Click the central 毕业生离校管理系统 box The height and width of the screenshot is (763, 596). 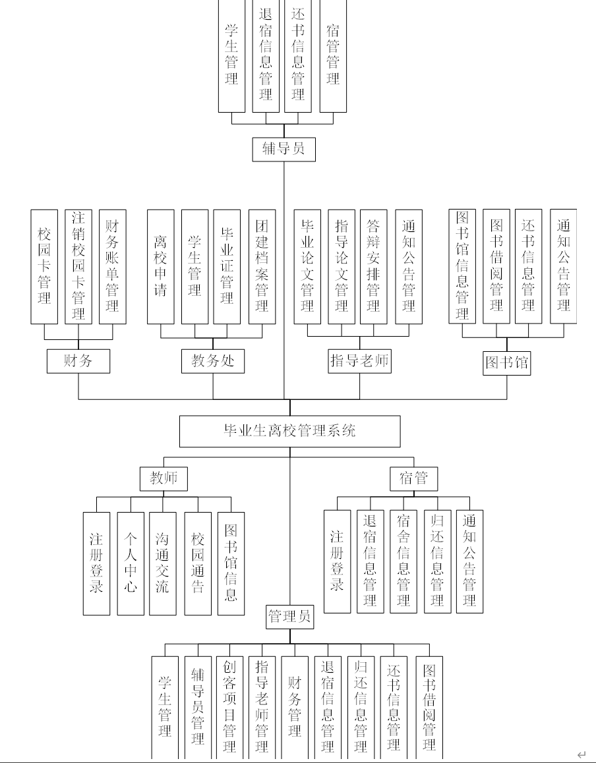pyautogui.click(x=290, y=431)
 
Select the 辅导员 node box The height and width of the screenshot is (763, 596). pyautogui.click(x=283, y=149)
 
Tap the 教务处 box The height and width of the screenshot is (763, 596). pyautogui.click(x=213, y=360)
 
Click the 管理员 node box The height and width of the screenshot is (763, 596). pyautogui.click(x=289, y=617)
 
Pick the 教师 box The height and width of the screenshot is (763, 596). pyautogui.click(x=164, y=478)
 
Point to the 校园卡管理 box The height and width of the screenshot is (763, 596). pyautogui.click(x=44, y=267)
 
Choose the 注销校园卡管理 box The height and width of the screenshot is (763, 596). pyautogui.click(x=78, y=267)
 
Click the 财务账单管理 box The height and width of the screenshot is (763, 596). pyautogui.click(x=112, y=267)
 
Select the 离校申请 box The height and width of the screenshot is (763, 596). pyautogui.click(x=160, y=267)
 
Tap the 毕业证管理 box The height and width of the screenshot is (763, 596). pyautogui.click(x=227, y=267)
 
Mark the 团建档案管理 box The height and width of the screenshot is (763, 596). pyautogui.click(x=262, y=267)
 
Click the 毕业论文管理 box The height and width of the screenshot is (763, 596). pyautogui.click(x=307, y=267)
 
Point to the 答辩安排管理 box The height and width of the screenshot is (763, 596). pyautogui.click(x=373, y=267)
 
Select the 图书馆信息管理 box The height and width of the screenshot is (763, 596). pyautogui.click(x=462, y=266)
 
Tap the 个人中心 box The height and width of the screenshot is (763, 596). pyautogui.click(x=131, y=563)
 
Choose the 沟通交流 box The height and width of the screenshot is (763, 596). pyautogui.click(x=162, y=563)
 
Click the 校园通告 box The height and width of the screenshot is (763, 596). pyautogui.click(x=197, y=563)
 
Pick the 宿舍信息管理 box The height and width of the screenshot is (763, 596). pyautogui.click(x=403, y=561)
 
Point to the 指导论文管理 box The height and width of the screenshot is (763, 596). pyautogui.click(x=341, y=267)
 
